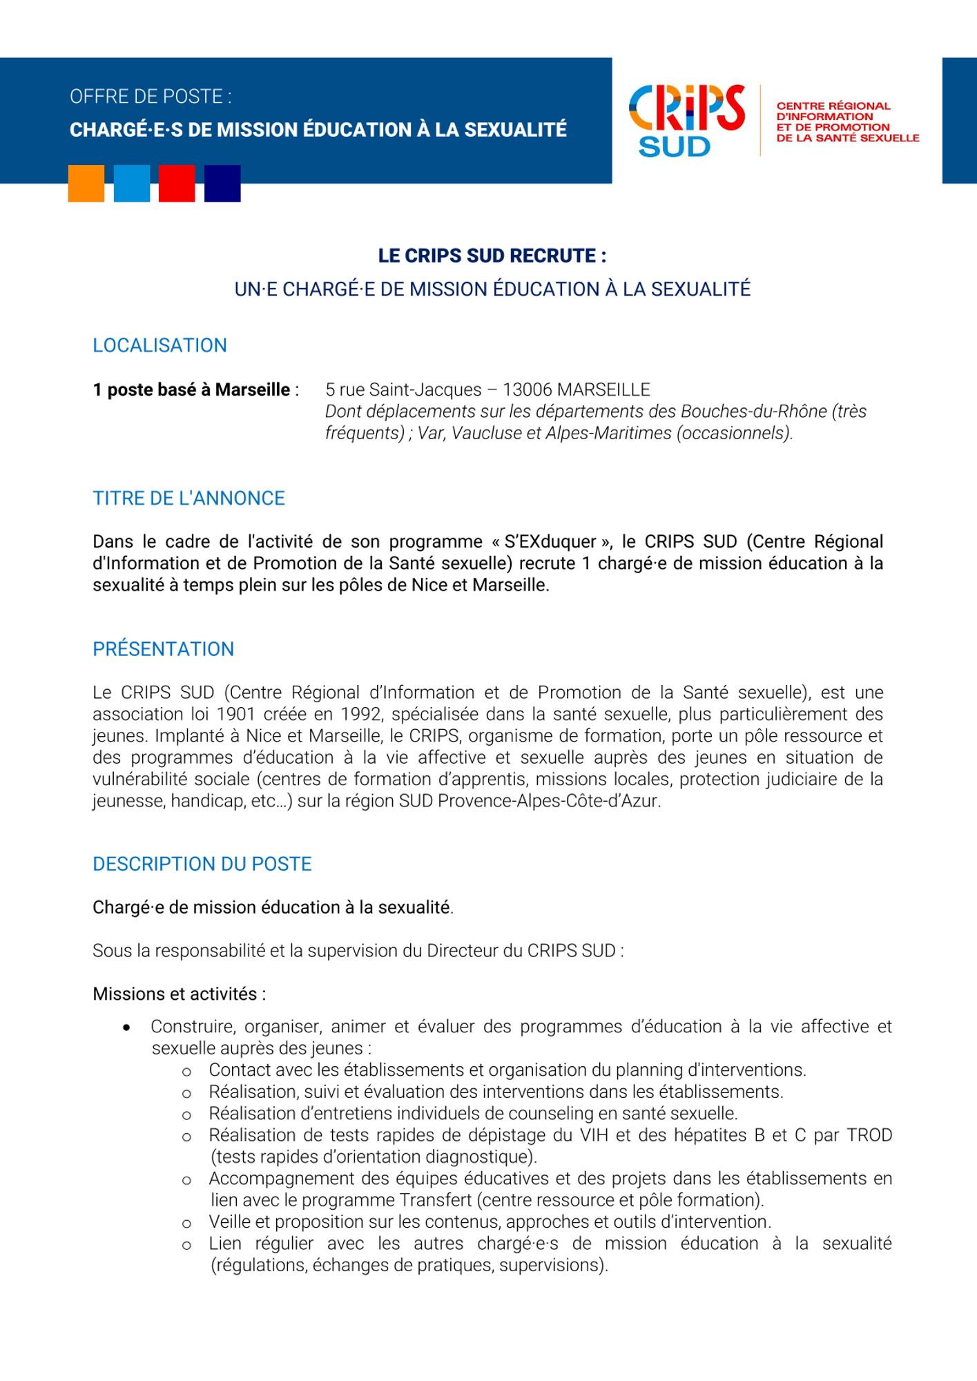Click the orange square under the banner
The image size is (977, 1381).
pos(86,183)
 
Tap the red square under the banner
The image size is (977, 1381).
pos(177,183)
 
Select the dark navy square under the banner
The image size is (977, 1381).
pos(222,183)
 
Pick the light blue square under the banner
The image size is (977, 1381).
pos(131,183)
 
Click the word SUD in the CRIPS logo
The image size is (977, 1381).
pos(674,146)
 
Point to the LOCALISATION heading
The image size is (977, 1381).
pos(159,345)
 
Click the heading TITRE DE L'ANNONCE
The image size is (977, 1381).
pos(188,498)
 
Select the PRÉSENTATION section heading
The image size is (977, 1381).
pos(163,649)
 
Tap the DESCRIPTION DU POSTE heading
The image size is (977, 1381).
pos(202,864)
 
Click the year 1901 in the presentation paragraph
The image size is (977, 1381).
pos(237,714)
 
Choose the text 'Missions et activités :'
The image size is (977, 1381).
pos(179,994)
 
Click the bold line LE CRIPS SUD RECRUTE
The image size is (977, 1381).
pos(492,255)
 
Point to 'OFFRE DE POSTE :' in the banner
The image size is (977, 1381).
pos(151,97)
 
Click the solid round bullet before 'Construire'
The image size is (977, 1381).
pos(126,1027)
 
